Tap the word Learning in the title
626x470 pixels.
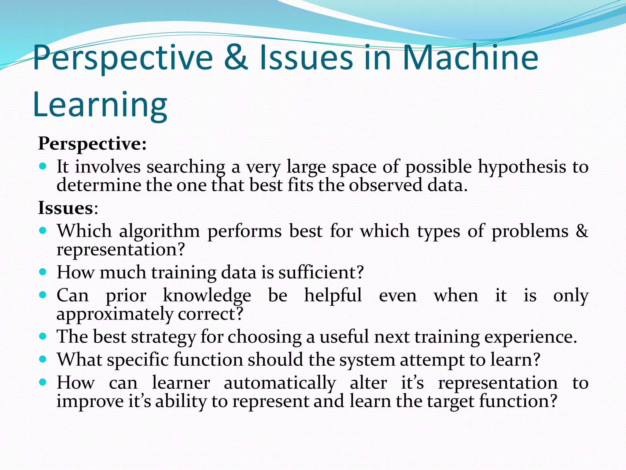(100, 105)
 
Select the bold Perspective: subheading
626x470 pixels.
(92, 144)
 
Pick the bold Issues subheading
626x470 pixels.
(65, 208)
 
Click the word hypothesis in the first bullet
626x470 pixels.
(522, 167)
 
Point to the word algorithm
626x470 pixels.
(159, 231)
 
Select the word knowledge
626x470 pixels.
(207, 296)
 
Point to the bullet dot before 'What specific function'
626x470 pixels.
(43, 359)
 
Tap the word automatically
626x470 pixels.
(280, 383)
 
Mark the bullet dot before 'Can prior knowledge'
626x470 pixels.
(43, 295)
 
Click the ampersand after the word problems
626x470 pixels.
(582, 231)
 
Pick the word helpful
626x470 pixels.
(333, 296)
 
